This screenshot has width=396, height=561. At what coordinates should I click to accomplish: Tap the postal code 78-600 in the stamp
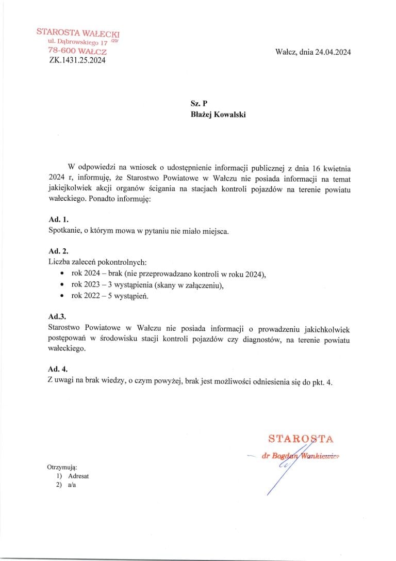(x=60, y=51)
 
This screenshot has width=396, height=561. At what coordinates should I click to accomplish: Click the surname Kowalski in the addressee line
(x=228, y=115)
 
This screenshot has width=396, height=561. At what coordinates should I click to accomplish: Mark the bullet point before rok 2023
(x=62, y=285)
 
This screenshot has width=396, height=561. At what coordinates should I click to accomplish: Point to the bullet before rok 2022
(x=62, y=296)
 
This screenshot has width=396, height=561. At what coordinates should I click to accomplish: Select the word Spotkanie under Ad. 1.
(x=63, y=231)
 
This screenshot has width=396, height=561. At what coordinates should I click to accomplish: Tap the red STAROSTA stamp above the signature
(x=301, y=439)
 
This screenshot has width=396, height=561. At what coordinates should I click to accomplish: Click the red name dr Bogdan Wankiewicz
(x=303, y=456)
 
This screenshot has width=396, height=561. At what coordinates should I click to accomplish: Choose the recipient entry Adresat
(x=78, y=476)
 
